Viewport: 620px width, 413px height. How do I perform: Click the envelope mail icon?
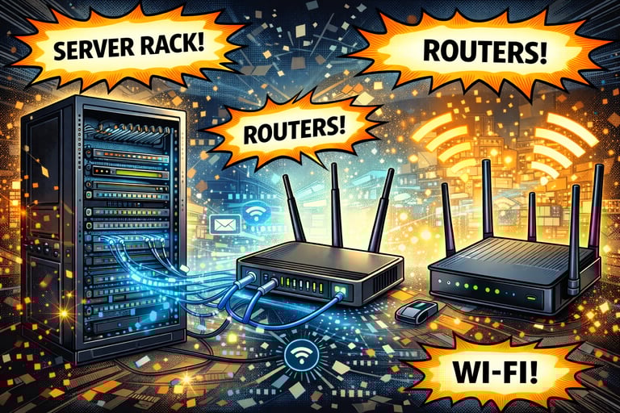[220, 223]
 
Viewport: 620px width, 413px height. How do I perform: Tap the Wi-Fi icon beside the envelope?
[256, 214]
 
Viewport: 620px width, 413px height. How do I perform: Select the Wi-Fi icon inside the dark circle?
[300, 352]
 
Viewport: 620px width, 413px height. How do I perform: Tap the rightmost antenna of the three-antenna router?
[380, 209]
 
